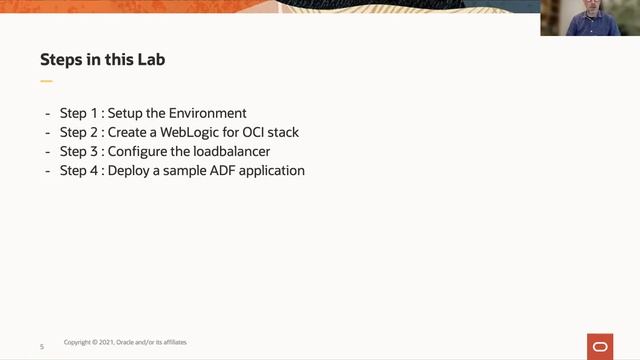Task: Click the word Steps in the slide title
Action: pos(61,60)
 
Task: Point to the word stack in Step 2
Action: pos(280,132)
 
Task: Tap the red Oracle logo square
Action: pos(600,345)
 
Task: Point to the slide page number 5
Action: pos(42,346)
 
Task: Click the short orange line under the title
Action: pos(46,80)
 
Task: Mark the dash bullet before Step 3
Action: pos(48,151)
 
